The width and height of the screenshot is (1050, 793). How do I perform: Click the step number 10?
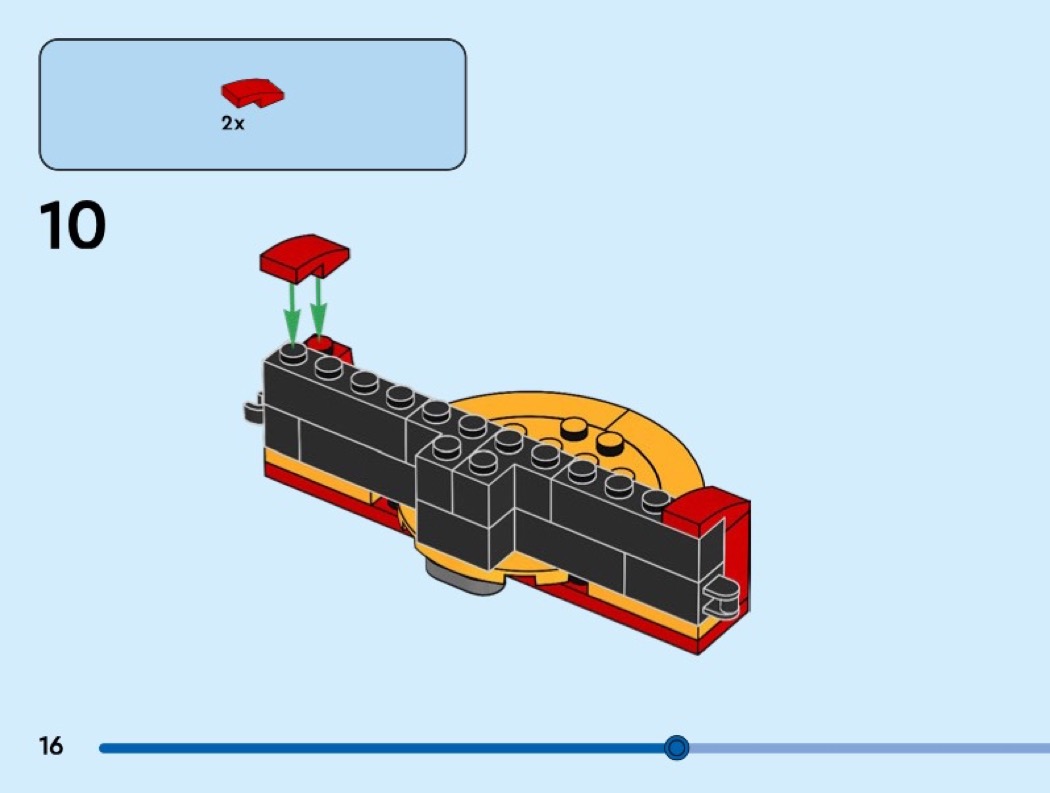pos(72,225)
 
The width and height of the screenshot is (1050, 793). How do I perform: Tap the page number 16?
pos(51,745)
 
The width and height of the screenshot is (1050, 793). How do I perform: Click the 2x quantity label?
pos(233,123)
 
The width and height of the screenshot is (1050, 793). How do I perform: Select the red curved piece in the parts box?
pos(252,92)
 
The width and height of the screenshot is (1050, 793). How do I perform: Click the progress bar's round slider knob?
pos(677,747)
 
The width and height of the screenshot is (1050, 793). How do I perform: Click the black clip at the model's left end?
pos(253,409)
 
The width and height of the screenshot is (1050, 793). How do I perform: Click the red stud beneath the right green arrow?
pos(319,344)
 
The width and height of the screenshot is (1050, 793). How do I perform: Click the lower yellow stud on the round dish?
pos(609,441)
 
